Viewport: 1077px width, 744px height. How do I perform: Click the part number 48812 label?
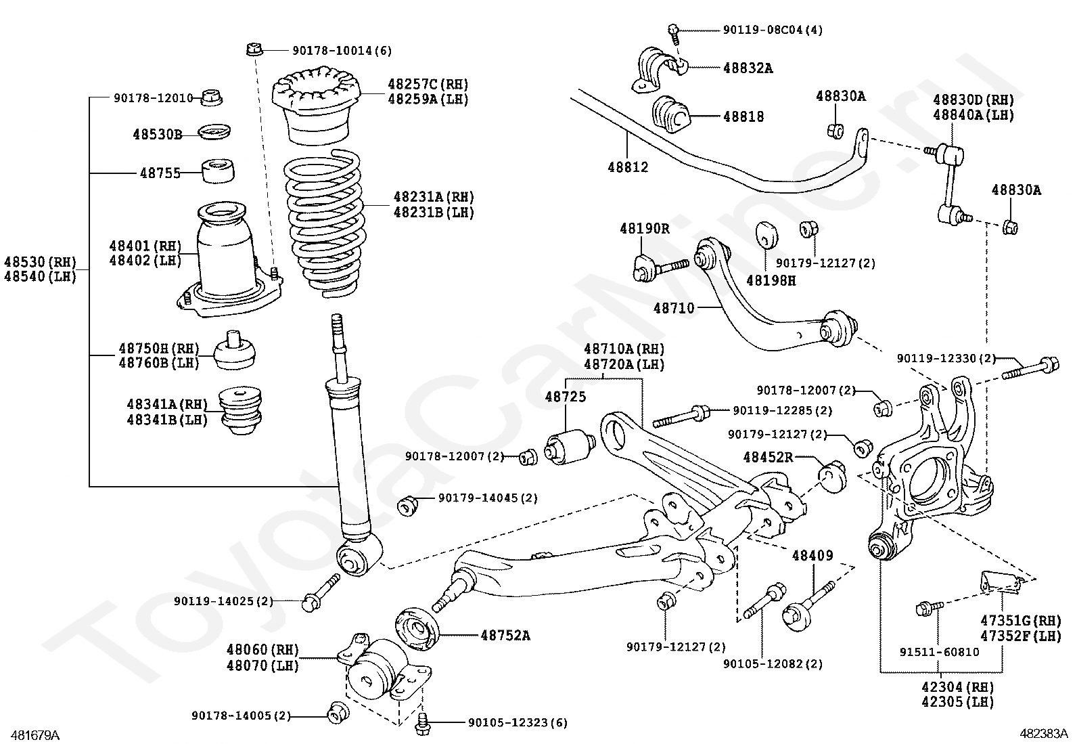(628, 167)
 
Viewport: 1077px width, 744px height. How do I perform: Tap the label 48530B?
(157, 134)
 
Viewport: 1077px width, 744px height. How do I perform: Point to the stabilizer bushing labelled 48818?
(670, 116)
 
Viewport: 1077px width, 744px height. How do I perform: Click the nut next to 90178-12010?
(210, 97)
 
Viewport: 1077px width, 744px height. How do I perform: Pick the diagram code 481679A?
(35, 735)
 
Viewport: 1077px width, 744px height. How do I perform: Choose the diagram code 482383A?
(1044, 733)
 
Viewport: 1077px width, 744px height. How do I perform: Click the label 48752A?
(505, 636)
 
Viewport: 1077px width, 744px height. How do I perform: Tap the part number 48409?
(812, 555)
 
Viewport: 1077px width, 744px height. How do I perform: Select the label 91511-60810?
(940, 652)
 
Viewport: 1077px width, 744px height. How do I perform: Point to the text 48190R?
(644, 228)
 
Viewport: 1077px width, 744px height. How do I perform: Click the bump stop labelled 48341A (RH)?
(240, 412)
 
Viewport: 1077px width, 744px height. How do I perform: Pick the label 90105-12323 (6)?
(518, 722)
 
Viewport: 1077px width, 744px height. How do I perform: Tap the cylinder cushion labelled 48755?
(218, 171)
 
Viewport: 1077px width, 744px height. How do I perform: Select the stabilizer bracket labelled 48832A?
(660, 69)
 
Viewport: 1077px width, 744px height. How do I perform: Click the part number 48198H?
(771, 280)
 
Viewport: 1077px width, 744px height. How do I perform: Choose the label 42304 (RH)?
(957, 686)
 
